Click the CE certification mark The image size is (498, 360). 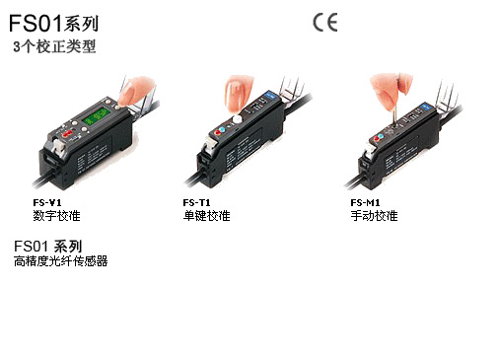coord(325,23)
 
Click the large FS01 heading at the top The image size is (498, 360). coord(54,24)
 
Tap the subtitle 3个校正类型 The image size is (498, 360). coord(54,46)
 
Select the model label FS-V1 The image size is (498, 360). coord(47,202)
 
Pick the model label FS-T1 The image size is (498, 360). coord(196,202)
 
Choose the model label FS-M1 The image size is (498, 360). coord(365,202)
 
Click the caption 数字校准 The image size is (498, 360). coord(56,216)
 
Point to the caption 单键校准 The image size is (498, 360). coord(206,216)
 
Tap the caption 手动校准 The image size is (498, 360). coord(374,216)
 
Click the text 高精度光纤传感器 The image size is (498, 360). coord(61,261)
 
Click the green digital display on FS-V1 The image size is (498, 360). coord(97,115)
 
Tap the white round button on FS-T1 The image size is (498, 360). coord(237,119)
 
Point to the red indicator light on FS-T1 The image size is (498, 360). coord(217,132)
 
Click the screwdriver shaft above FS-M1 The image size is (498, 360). coord(395,107)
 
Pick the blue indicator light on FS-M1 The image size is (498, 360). coord(382,136)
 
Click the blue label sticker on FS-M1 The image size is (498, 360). coord(426,107)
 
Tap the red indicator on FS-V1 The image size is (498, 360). coord(69,133)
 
